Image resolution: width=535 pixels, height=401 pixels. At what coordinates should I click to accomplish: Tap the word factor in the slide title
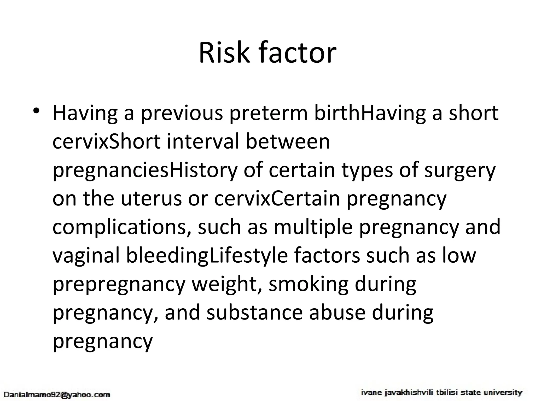click(x=297, y=53)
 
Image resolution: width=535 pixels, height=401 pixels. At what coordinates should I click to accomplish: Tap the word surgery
click(x=460, y=170)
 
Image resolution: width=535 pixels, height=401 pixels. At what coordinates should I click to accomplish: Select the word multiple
click(x=313, y=227)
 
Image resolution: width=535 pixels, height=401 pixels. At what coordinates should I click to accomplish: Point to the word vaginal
click(x=86, y=255)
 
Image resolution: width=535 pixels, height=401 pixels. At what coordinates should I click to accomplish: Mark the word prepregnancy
click(x=119, y=284)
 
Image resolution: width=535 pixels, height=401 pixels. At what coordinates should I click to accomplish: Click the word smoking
click(x=309, y=284)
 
